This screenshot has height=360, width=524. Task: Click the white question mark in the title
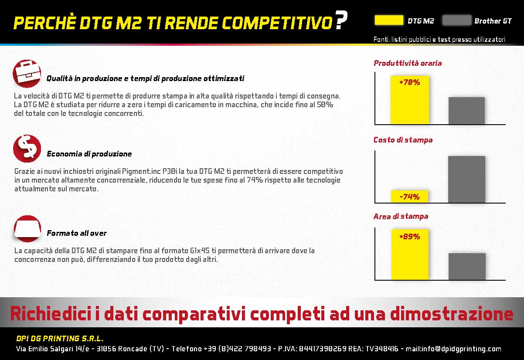pyautogui.click(x=341, y=20)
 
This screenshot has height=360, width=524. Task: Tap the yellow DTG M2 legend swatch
pyautogui.click(x=389, y=20)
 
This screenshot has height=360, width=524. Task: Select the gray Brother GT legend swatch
pyautogui.click(x=457, y=20)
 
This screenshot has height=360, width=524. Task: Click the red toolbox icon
pyautogui.click(x=27, y=74)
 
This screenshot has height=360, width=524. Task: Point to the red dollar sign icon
pyautogui.click(x=27, y=149)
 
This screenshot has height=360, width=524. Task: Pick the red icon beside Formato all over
pyautogui.click(x=27, y=228)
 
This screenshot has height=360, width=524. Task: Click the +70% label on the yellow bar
pyautogui.click(x=410, y=82)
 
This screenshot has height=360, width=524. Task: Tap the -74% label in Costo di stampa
pyautogui.click(x=409, y=197)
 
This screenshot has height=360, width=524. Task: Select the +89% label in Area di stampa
pyautogui.click(x=410, y=237)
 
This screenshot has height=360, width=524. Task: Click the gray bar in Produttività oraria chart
pyautogui.click(x=466, y=111)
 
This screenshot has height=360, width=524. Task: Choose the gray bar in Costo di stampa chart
pyautogui.click(x=467, y=180)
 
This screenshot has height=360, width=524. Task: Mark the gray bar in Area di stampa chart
pyautogui.click(x=467, y=266)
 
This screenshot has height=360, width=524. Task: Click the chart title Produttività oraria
pyautogui.click(x=408, y=63)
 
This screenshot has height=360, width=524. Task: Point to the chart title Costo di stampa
pyautogui.click(x=403, y=140)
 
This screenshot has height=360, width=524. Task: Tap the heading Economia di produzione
pyautogui.click(x=89, y=154)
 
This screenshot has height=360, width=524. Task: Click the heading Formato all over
pyautogui.click(x=77, y=233)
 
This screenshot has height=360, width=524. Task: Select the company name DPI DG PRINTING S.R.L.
pyautogui.click(x=60, y=339)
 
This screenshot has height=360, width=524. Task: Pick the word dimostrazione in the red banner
pyautogui.click(x=452, y=313)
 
